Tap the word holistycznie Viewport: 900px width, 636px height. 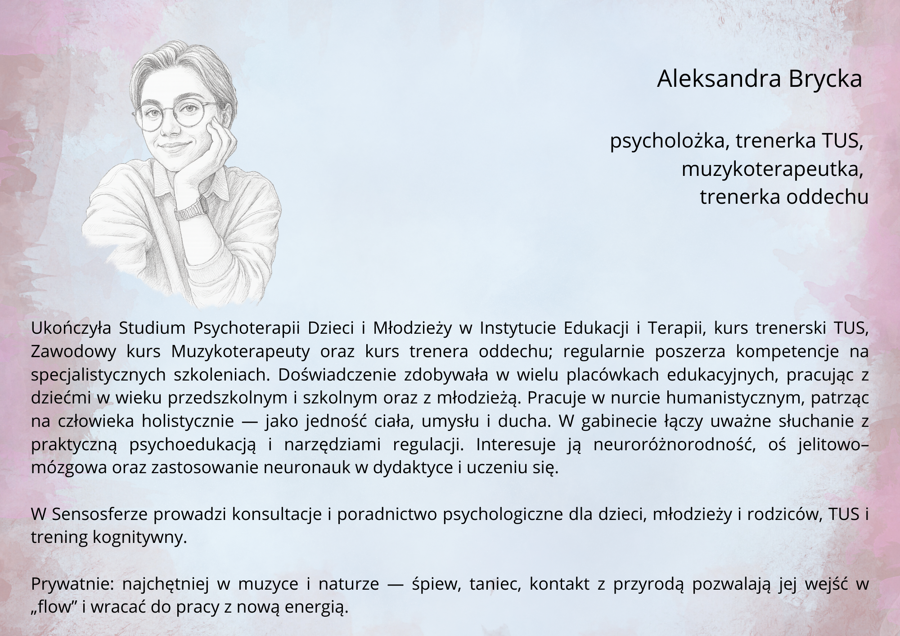188,422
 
